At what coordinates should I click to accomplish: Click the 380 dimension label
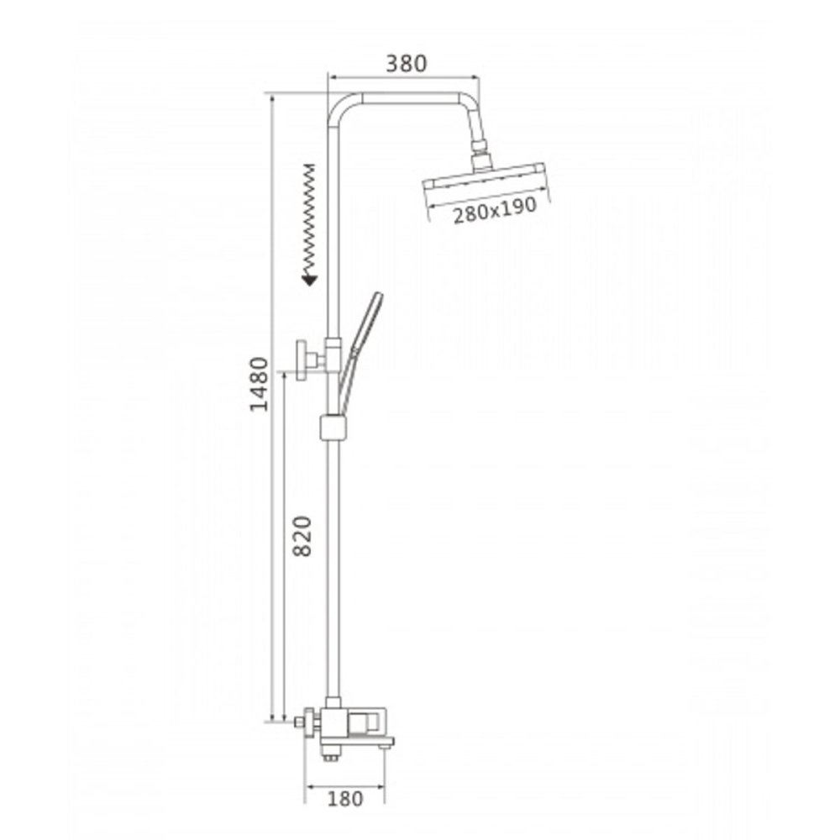[x=407, y=63]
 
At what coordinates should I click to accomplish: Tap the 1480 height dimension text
[x=260, y=384]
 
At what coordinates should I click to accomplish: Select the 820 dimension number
[x=302, y=536]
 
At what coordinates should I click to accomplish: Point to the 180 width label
[x=345, y=799]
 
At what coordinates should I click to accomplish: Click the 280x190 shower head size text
[x=495, y=210]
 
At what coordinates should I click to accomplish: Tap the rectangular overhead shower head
[x=484, y=176]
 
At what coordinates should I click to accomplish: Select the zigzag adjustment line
[x=309, y=218]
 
